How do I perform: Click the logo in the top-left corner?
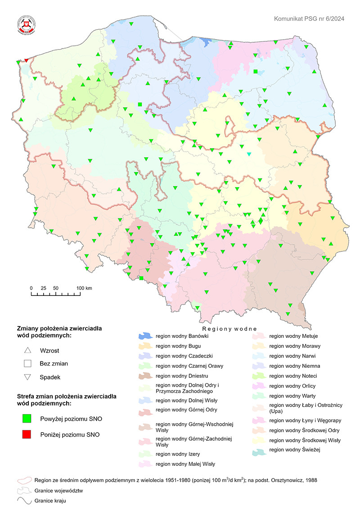(26, 25)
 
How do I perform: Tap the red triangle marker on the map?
(26, 60)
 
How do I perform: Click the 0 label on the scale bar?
(31, 288)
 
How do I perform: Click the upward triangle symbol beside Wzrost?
(27, 350)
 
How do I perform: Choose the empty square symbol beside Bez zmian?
(27, 363)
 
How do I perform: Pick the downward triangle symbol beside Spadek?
(27, 377)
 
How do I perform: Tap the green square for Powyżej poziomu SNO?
(27, 419)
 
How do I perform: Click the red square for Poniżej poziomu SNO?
(27, 434)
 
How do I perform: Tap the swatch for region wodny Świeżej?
(259, 450)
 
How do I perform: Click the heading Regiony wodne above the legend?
(229, 329)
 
